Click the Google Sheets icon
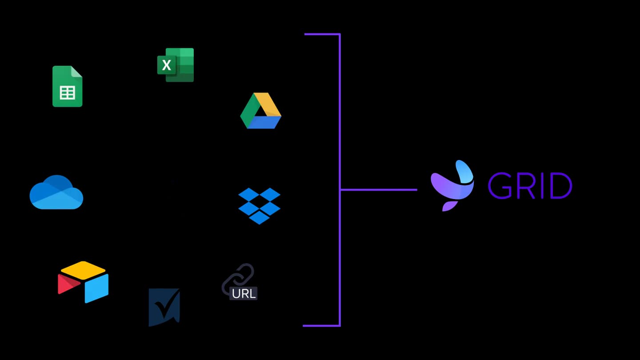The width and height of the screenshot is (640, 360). [67, 86]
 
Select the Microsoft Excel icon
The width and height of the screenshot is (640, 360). [176, 65]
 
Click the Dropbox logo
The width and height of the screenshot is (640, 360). [259, 206]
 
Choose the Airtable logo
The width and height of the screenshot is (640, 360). [83, 282]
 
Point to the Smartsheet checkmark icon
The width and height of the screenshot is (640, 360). [164, 307]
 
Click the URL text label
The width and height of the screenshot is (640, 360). [244, 293]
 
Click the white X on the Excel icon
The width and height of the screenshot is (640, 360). [167, 65]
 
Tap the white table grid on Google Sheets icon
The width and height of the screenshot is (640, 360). [67, 92]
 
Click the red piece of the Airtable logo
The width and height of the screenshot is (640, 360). [67, 284]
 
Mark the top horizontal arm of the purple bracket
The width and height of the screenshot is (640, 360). [322, 34]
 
